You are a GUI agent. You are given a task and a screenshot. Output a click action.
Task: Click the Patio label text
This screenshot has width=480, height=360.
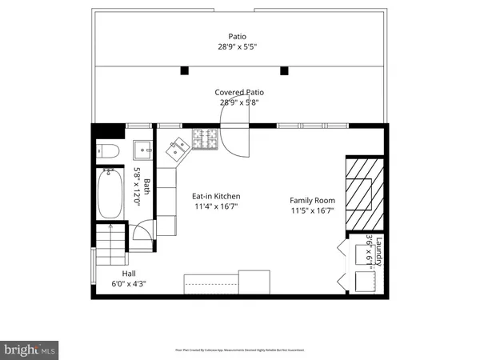click(x=237, y=36)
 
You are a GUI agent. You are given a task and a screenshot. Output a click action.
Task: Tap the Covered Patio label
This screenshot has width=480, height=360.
click(x=240, y=92)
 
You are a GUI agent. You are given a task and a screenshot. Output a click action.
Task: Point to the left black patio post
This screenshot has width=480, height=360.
click(x=184, y=70)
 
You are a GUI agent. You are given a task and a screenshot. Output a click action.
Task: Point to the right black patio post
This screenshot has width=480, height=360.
click(x=283, y=70)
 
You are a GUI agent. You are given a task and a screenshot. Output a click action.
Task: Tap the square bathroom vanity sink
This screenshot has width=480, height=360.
click(x=144, y=149)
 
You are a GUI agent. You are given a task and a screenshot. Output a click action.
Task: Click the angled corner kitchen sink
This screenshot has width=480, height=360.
click(x=177, y=147)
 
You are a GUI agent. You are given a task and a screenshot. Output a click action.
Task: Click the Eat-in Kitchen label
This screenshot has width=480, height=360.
click(x=215, y=196)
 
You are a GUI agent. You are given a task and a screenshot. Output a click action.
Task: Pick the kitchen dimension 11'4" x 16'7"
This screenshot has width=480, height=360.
click(x=215, y=206)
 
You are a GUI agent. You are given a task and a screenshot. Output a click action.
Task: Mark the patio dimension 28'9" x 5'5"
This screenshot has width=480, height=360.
click(x=237, y=46)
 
